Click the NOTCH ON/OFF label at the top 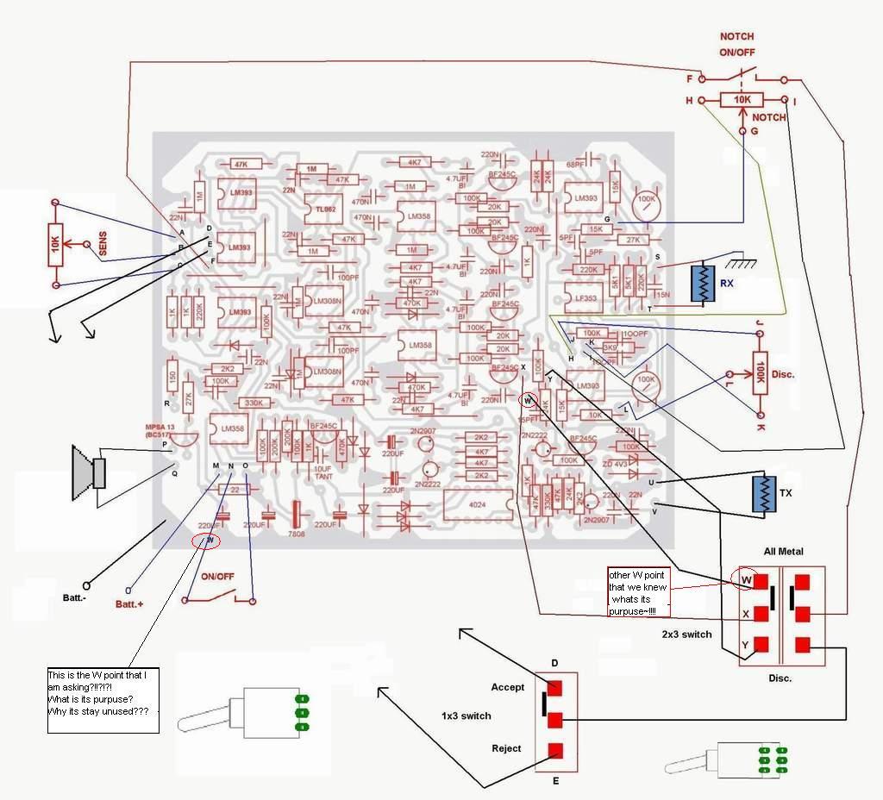737,43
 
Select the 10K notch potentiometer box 742,101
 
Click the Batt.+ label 129,604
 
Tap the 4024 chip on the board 474,503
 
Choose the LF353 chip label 586,298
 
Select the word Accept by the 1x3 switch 507,687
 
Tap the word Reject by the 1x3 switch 506,748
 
